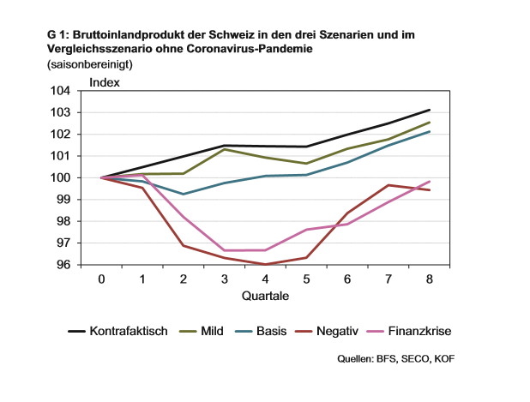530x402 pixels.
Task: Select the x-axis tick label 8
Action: [x=430, y=279]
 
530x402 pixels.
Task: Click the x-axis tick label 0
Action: [x=101, y=279]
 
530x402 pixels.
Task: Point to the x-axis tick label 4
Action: [x=265, y=279]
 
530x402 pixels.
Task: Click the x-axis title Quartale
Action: [x=265, y=297]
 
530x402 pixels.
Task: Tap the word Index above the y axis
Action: [x=105, y=82]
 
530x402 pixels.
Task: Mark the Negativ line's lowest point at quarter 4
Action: [x=265, y=264]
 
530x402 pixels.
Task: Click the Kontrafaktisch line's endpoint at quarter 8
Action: [x=430, y=110]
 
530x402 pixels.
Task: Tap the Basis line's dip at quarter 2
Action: [x=184, y=194]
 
